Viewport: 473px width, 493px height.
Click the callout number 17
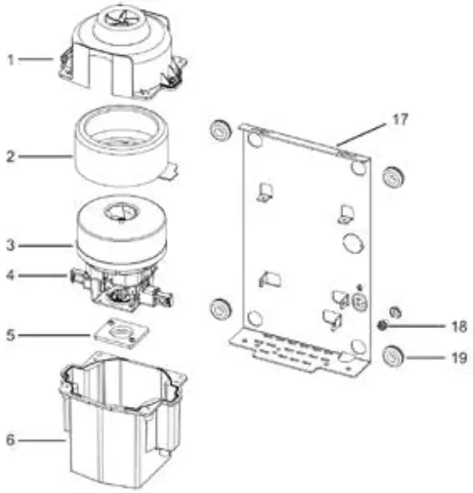(398, 119)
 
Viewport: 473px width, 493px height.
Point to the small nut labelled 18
(383, 326)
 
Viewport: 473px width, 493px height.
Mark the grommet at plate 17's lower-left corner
(220, 309)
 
